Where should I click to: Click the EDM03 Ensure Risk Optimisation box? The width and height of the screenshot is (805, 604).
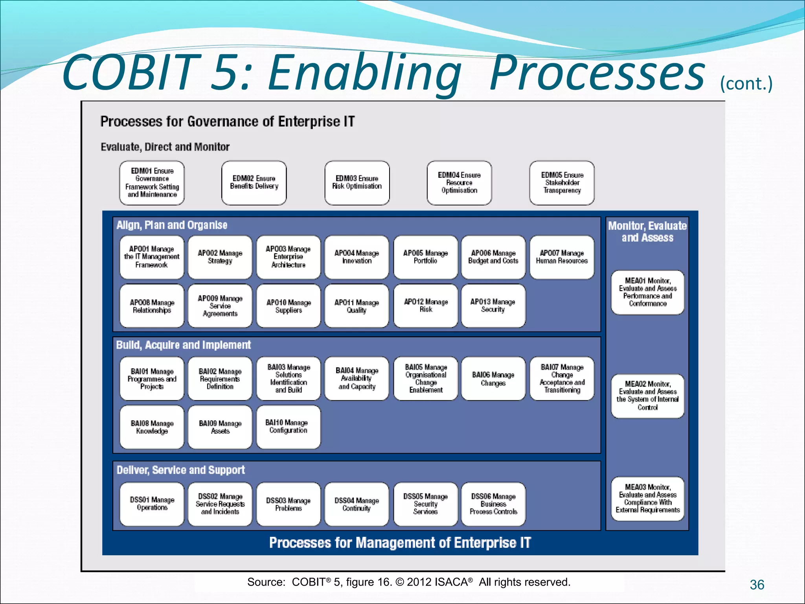click(357, 183)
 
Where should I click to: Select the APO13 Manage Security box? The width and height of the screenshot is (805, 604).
click(493, 306)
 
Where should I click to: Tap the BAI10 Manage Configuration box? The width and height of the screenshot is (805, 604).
click(288, 427)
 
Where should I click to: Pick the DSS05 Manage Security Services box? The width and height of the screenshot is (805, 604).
click(425, 504)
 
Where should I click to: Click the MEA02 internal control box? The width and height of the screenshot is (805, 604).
click(647, 396)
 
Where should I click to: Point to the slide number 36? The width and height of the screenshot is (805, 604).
click(757, 585)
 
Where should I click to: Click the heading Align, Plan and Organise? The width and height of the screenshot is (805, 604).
click(172, 225)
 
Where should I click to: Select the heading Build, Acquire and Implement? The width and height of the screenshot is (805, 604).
click(183, 345)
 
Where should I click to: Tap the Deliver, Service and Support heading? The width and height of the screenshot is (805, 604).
click(180, 470)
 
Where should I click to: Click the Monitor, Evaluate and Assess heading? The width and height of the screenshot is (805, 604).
click(647, 232)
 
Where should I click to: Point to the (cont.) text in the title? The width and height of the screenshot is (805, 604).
click(746, 84)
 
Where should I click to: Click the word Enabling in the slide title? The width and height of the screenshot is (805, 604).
click(364, 73)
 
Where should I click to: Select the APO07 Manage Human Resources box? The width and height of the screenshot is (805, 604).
click(562, 257)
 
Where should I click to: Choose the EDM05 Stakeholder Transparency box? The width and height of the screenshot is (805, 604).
click(562, 183)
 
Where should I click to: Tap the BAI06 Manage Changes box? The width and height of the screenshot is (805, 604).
click(493, 379)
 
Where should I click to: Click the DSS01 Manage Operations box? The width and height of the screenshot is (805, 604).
click(152, 504)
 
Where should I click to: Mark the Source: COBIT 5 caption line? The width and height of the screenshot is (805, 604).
click(409, 582)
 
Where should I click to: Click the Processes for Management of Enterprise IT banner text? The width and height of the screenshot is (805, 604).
click(400, 543)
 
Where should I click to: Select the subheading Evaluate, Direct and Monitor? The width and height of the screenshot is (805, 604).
click(165, 147)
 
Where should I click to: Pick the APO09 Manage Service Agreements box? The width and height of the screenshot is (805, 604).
click(220, 306)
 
